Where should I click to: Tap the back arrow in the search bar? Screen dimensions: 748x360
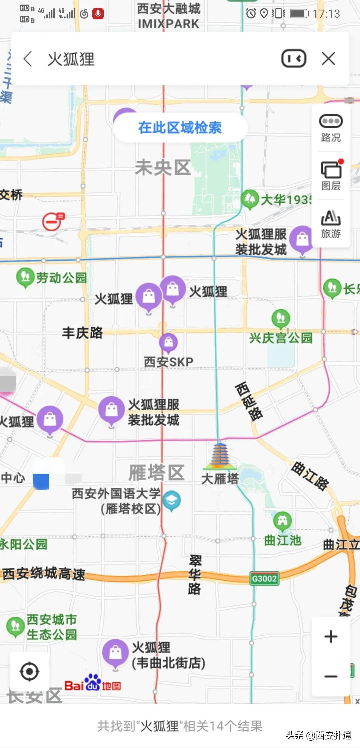tap(28, 59)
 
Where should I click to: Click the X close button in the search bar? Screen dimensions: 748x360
tap(328, 59)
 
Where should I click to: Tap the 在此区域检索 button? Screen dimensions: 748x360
tap(180, 128)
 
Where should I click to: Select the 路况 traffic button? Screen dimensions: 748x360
tap(331, 128)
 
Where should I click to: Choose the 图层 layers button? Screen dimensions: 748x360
tap(331, 176)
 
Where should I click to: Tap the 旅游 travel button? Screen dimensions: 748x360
tap(331, 224)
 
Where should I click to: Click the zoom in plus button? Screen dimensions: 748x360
tap(331, 636)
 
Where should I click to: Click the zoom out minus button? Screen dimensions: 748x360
tap(331, 676)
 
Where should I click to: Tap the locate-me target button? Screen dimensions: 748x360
tap(29, 672)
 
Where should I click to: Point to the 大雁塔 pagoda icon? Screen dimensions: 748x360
tap(220, 455)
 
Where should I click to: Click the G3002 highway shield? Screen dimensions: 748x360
tap(264, 578)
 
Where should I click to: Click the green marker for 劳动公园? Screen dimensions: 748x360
tap(25, 277)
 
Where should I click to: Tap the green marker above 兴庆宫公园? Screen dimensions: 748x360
tap(281, 318)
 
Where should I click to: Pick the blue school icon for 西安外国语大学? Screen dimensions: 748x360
tap(172, 500)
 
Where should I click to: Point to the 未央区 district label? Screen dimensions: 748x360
tap(163, 167)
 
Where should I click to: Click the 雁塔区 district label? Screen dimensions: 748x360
tap(157, 472)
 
